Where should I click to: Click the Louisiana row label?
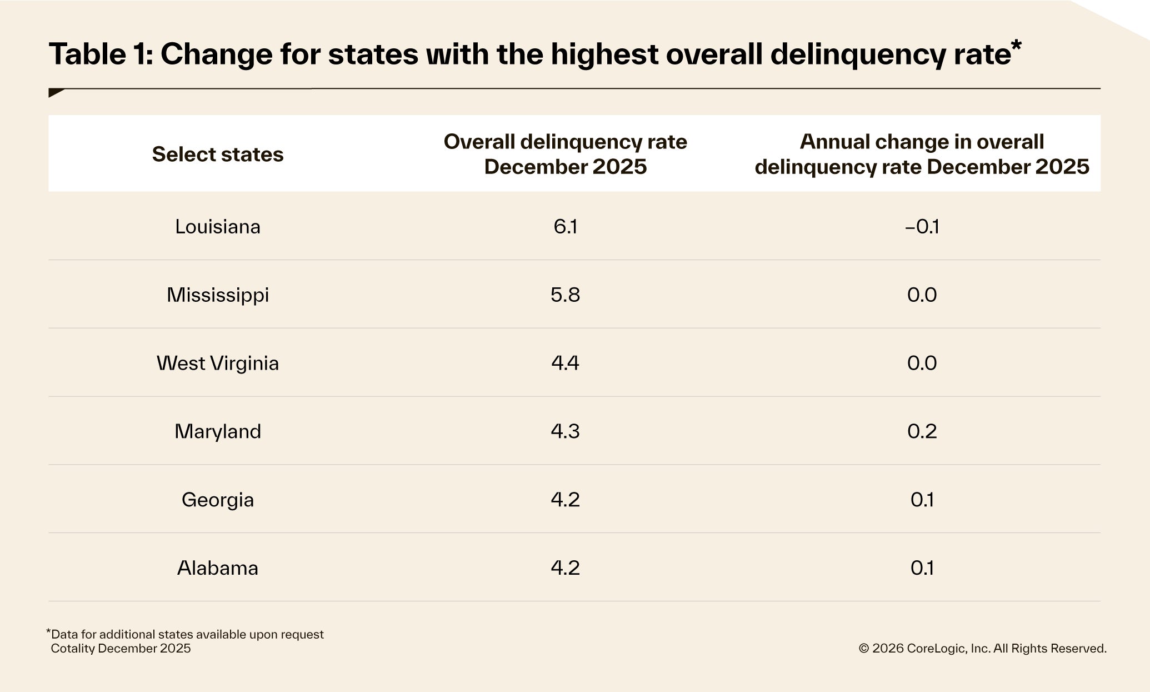pos(217,227)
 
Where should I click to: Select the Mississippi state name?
pos(217,295)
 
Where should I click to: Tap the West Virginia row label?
pos(217,364)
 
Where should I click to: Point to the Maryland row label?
pos(217,432)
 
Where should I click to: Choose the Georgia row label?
pos(217,500)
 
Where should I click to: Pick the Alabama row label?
pos(217,568)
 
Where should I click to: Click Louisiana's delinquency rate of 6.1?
pos(565,227)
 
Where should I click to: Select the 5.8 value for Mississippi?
pos(565,295)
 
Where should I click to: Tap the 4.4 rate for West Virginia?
pos(565,364)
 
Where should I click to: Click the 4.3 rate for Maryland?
pos(565,432)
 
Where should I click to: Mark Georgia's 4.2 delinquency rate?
pos(565,500)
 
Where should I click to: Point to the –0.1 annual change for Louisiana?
pos(922,227)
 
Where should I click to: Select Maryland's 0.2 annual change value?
pos(922,432)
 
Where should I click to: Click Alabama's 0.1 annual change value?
pos(922,568)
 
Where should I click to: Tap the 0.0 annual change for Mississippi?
pos(922,295)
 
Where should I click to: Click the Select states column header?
pos(217,155)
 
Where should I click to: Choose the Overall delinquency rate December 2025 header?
pos(565,154)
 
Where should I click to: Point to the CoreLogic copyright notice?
pos(982,649)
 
